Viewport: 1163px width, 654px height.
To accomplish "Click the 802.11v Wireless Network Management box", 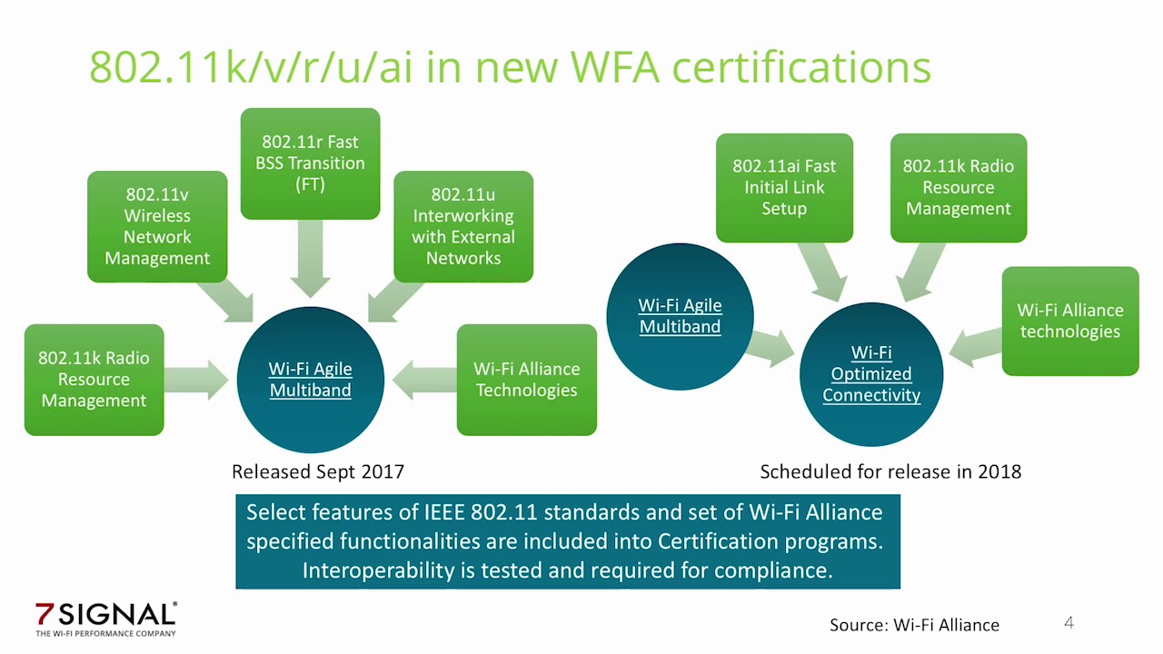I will pyautogui.click(x=157, y=226).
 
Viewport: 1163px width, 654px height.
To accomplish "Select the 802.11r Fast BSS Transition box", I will pyautogui.click(x=310, y=163).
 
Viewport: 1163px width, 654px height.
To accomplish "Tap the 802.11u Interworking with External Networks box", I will pyautogui.click(x=463, y=226).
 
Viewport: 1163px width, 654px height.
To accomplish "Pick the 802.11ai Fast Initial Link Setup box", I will pyautogui.click(x=784, y=187).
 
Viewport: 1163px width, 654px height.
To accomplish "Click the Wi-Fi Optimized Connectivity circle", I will pyautogui.click(x=871, y=373).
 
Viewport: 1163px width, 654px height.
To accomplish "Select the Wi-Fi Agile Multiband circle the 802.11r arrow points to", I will pyautogui.click(x=310, y=380).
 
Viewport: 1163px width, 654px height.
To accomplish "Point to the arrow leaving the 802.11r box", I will pyautogui.click(x=310, y=258).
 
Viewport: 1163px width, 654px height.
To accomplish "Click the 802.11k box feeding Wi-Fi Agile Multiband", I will pyautogui.click(x=94, y=380).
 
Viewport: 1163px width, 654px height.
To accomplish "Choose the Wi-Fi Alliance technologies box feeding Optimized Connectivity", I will pyautogui.click(x=1070, y=321).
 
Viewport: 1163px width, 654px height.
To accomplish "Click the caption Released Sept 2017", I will pyautogui.click(x=318, y=471).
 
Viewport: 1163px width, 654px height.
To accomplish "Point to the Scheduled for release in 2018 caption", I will pyautogui.click(x=890, y=471).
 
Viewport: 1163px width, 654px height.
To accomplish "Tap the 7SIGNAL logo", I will pyautogui.click(x=105, y=615).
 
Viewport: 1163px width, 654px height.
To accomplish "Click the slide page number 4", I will pyautogui.click(x=1069, y=622).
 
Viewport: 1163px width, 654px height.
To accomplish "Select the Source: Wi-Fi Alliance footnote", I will pyautogui.click(x=914, y=625).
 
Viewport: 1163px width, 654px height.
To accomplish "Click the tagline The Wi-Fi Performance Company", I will pyautogui.click(x=105, y=633).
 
